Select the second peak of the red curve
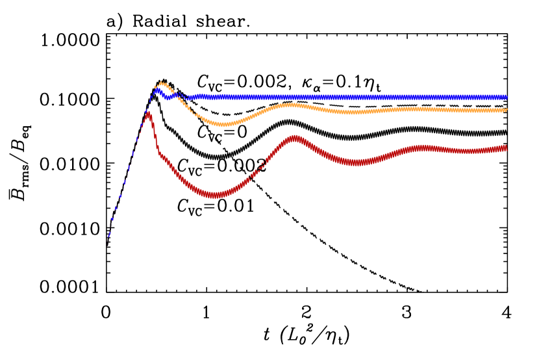[x=295, y=138]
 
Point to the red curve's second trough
[x=356, y=162]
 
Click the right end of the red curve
[x=505, y=148]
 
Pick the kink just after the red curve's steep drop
[x=160, y=154]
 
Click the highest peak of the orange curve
[x=161, y=83]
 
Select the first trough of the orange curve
[x=223, y=123]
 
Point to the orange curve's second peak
[x=292, y=105]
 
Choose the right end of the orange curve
[x=505, y=110]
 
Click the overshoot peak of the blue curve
[x=157, y=90]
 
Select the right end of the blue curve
[x=505, y=97]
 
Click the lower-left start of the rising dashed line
[x=108, y=238]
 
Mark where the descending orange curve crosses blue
[x=182, y=97]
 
